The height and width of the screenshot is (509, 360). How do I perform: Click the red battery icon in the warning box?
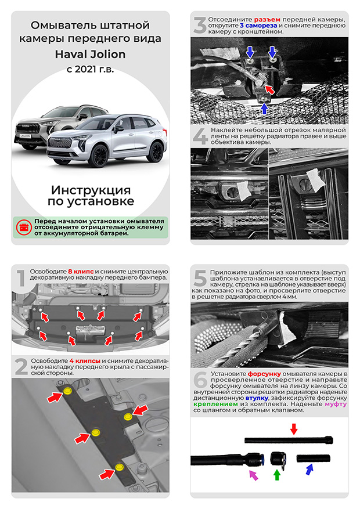24,227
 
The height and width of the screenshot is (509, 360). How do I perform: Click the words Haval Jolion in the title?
90,54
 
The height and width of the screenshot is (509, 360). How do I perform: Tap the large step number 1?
20,280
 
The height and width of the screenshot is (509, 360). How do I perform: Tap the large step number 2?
21,367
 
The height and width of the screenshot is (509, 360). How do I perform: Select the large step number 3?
200,27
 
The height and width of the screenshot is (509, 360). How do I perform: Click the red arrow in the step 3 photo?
269,88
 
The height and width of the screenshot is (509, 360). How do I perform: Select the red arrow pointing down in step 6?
293,428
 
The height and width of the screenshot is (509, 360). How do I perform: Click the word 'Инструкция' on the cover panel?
90,190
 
